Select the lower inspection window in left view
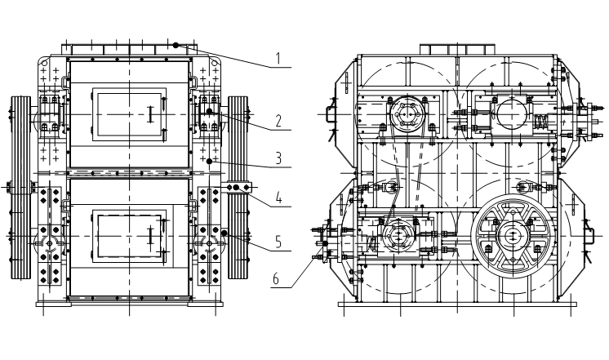click(x=130, y=235)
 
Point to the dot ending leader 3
click(x=210, y=162)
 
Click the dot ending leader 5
click(x=224, y=233)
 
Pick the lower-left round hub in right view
click(x=399, y=236)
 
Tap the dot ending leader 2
click(x=209, y=110)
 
